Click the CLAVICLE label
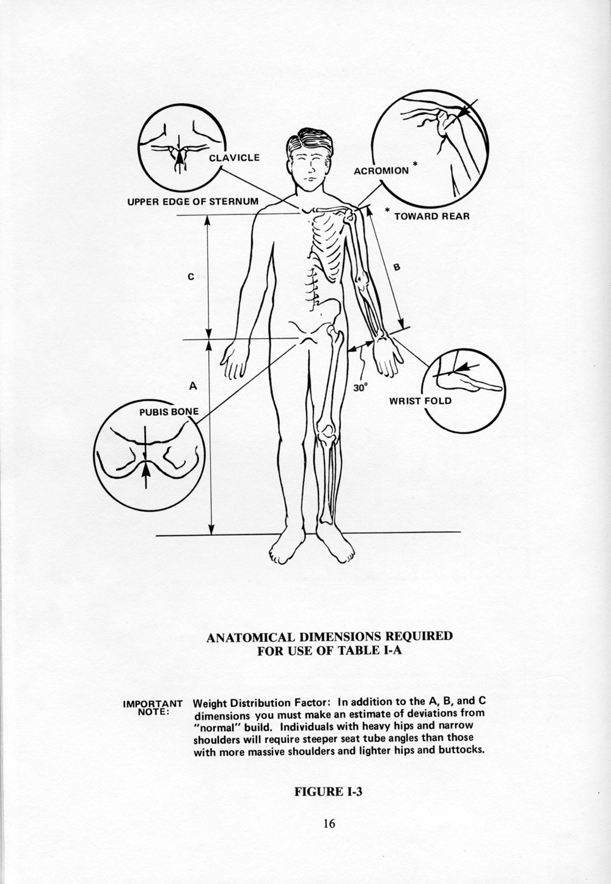[x=234, y=158]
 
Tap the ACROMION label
[x=381, y=170]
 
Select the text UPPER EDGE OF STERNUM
[x=192, y=201]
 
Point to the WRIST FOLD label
[x=420, y=401]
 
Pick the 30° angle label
[x=362, y=387]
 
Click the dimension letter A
[x=192, y=385]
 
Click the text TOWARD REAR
[x=431, y=216]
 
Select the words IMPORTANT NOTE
[x=153, y=707]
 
